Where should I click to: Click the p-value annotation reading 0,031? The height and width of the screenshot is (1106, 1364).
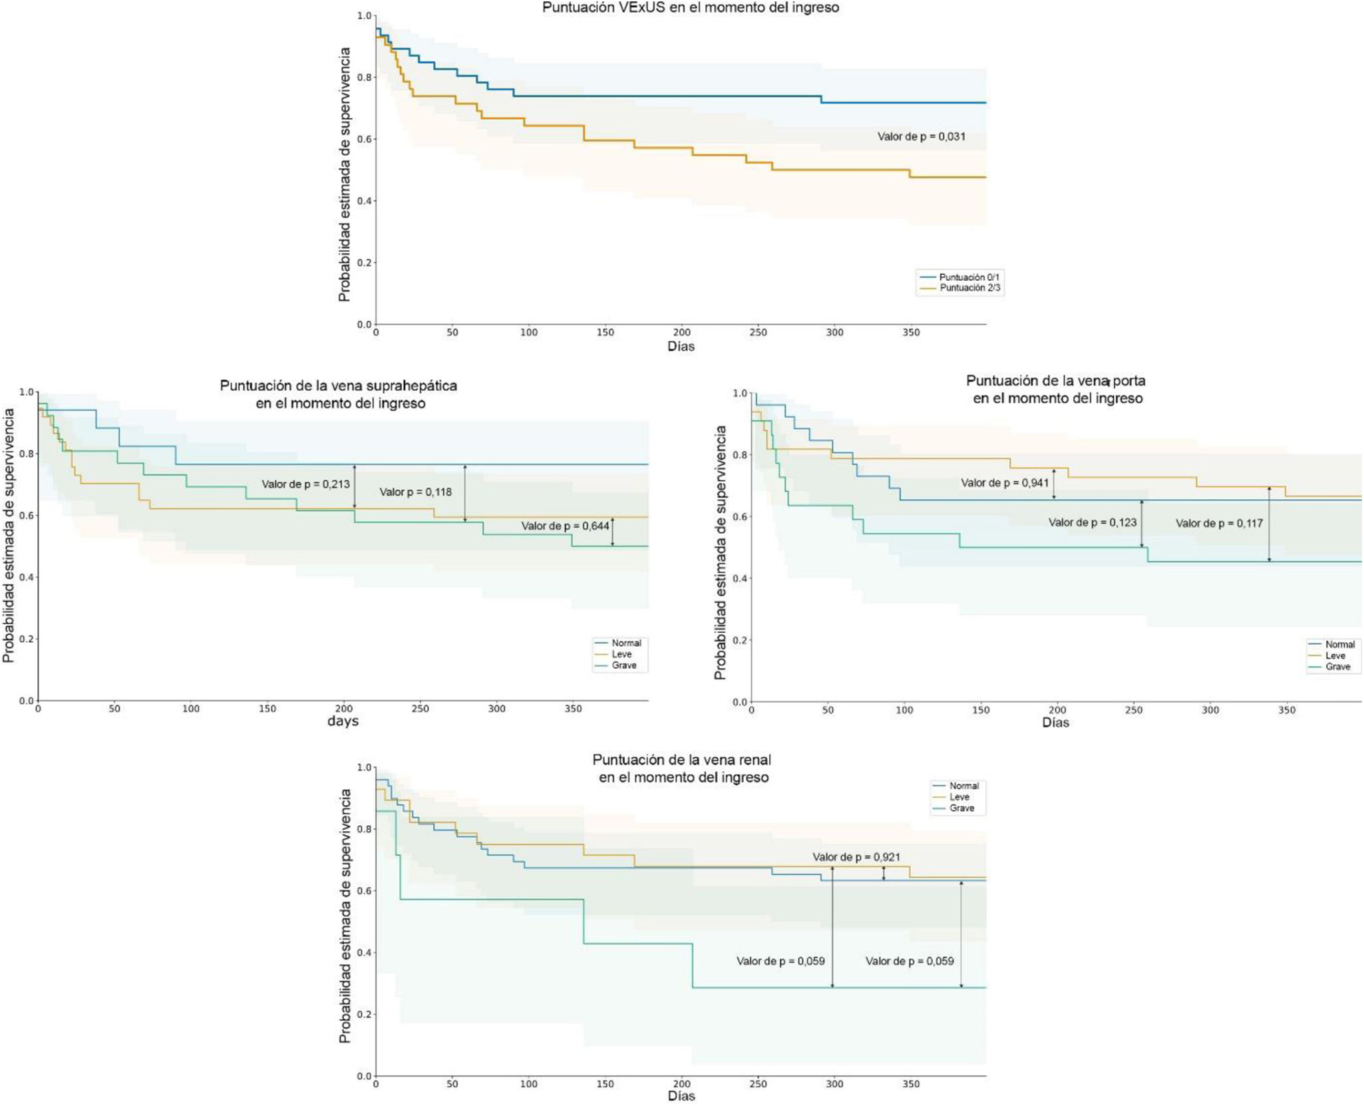pyautogui.click(x=921, y=137)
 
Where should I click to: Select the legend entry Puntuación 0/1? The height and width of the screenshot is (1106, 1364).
pyautogui.click(x=969, y=277)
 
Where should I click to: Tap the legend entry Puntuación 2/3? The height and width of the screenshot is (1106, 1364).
pyautogui.click(x=969, y=288)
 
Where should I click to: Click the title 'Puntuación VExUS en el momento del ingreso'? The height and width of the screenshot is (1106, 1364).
pyautogui.click(x=690, y=8)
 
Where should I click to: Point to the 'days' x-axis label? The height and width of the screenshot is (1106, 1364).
pyautogui.click(x=343, y=721)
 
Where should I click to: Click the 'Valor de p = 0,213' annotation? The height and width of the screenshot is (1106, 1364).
pyautogui.click(x=305, y=484)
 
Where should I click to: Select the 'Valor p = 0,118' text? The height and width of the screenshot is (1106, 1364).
pyautogui.click(x=415, y=492)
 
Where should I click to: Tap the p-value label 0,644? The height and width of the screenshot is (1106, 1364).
pyautogui.click(x=565, y=526)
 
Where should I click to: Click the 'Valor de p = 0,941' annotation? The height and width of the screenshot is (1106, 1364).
pyautogui.click(x=1005, y=483)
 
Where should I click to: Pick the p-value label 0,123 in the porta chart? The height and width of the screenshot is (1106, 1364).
pyautogui.click(x=1093, y=523)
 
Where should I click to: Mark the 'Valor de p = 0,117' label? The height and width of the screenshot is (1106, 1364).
pyautogui.click(x=1219, y=524)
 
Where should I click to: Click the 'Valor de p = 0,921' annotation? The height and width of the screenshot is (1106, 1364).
pyautogui.click(x=856, y=858)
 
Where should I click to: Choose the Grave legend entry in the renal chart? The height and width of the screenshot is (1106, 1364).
pyautogui.click(x=961, y=809)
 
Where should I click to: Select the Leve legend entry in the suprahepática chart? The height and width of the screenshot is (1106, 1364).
pyautogui.click(x=621, y=654)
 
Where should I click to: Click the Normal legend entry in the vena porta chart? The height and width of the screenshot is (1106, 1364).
pyautogui.click(x=1339, y=645)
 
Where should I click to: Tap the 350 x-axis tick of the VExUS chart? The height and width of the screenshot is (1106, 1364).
pyautogui.click(x=911, y=333)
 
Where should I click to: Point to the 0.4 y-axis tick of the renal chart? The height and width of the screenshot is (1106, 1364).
pyautogui.click(x=364, y=953)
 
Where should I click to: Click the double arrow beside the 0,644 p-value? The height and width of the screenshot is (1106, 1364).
pyautogui.click(x=613, y=532)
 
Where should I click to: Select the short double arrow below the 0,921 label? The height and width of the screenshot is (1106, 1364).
pyautogui.click(x=884, y=874)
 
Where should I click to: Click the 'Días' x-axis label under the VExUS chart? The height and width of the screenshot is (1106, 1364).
pyautogui.click(x=681, y=347)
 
